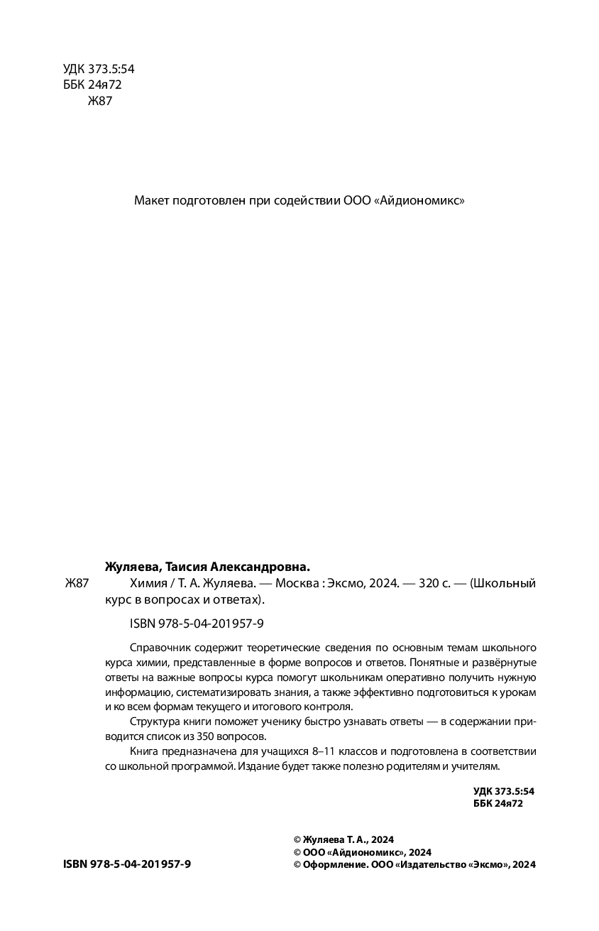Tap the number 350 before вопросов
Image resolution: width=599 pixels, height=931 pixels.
pyautogui.click(x=229, y=736)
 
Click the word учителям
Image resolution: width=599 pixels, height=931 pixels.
pyautogui.click(x=477, y=766)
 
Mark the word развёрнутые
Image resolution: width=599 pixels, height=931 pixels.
pyautogui.click(x=502, y=663)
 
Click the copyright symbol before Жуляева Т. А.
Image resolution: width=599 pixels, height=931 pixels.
pyautogui.click(x=297, y=839)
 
